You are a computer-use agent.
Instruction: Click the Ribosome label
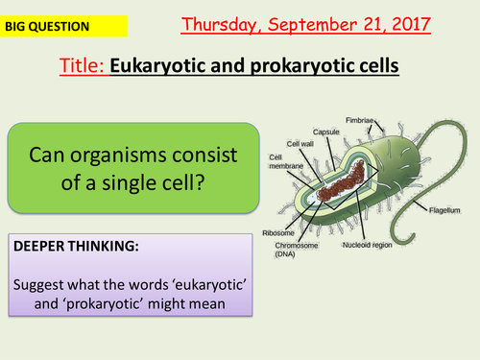click(x=277, y=232)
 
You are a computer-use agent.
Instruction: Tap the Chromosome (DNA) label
click(x=287, y=249)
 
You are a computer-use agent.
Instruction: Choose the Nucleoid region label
click(x=369, y=244)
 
